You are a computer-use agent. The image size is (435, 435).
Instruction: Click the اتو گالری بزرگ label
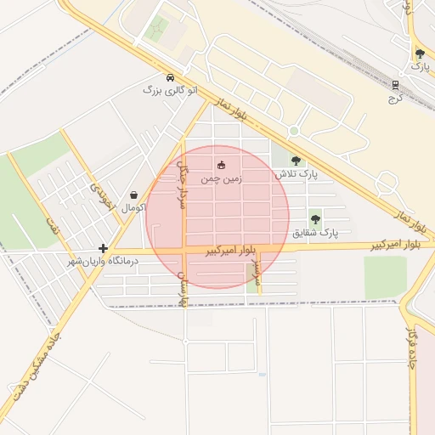(x=169, y=89)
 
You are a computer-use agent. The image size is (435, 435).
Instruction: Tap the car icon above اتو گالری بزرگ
(x=170, y=76)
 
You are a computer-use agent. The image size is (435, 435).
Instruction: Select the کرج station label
(x=394, y=98)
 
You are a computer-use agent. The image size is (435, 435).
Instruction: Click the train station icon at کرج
(x=395, y=84)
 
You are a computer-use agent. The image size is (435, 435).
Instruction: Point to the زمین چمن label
(x=220, y=179)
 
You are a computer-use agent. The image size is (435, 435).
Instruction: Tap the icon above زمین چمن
(x=221, y=165)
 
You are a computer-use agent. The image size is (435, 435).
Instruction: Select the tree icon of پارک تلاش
(x=296, y=160)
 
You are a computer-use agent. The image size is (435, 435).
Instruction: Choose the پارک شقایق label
(x=315, y=232)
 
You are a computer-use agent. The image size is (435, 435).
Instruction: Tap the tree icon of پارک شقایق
(x=315, y=218)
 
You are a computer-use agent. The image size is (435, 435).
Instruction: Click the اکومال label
(x=133, y=207)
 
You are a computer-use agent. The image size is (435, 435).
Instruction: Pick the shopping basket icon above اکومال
(x=133, y=195)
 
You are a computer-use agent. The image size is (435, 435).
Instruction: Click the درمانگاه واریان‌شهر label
(x=103, y=261)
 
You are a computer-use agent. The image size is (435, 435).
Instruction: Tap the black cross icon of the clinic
(x=103, y=249)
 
